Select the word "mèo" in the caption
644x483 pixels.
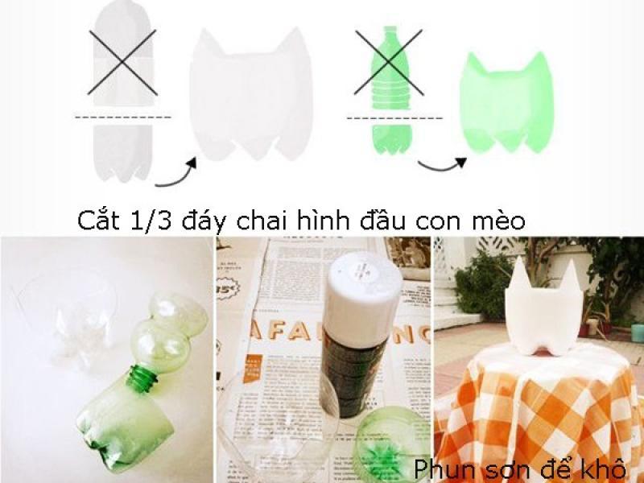pyautogui.click(x=498, y=220)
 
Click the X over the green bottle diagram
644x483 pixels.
pyautogui.click(x=388, y=62)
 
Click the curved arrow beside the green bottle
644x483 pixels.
pyautogui.click(x=443, y=164)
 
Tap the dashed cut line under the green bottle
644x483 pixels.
pyautogui.click(x=394, y=119)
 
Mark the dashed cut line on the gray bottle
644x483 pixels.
pyautogui.click(x=122, y=118)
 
